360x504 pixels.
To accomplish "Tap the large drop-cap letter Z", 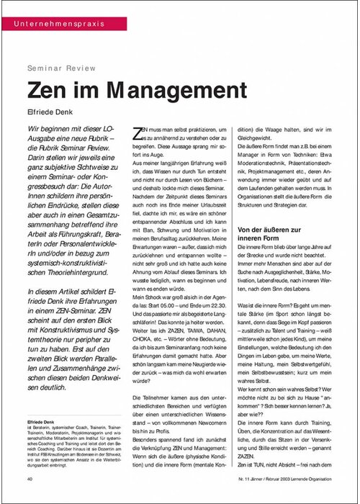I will point(140,132).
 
